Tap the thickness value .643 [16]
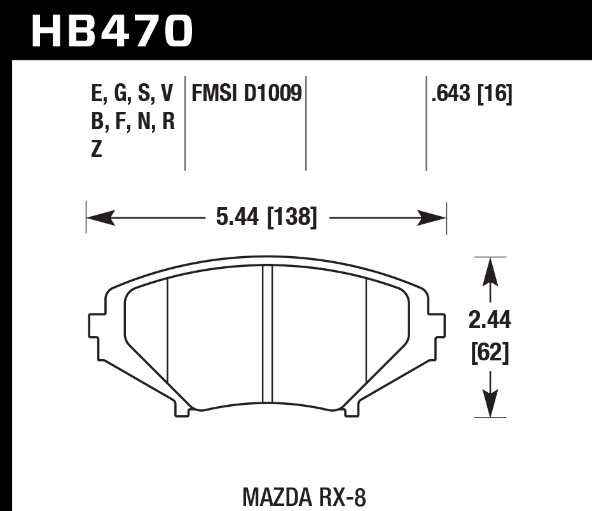(471, 94)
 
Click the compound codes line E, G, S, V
(132, 94)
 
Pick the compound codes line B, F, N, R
(132, 121)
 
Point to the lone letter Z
(97, 150)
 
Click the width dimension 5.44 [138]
(266, 218)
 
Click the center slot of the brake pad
(267, 334)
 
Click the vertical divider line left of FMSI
(184, 124)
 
